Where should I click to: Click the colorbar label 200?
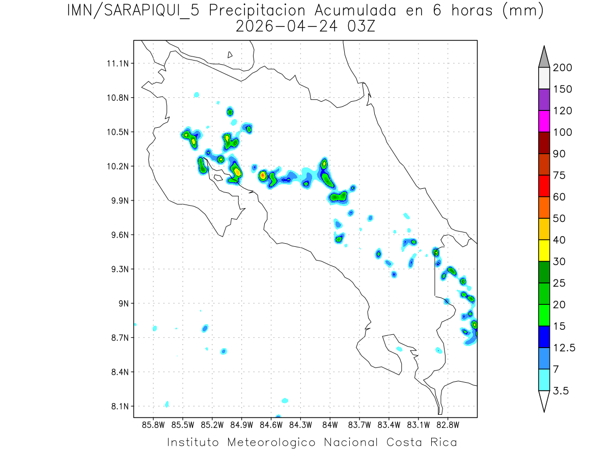pos(563,68)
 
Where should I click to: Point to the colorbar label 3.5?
pos(562,391)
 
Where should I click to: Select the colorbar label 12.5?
pos(564,348)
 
